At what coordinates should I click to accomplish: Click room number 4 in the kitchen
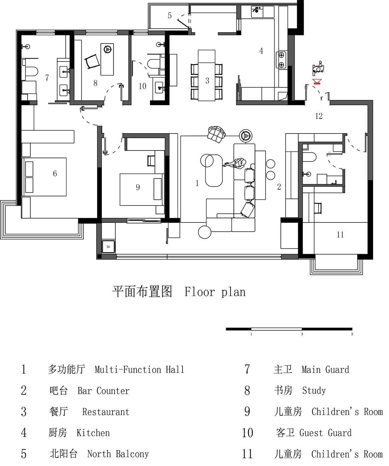261,51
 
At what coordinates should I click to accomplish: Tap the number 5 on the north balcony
170,16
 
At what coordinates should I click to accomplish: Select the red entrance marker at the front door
317,82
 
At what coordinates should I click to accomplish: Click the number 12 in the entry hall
319,116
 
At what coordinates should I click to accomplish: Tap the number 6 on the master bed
55,173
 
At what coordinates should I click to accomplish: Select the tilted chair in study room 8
93,61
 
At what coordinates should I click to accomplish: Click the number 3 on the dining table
207,81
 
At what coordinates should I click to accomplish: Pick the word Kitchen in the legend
93,433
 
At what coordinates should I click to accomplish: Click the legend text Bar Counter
103,391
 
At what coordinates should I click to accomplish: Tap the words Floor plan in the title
215,292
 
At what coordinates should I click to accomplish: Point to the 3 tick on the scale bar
302,334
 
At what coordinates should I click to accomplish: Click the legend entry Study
314,391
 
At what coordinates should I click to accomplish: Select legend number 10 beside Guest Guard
248,433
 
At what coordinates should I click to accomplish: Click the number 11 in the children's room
340,234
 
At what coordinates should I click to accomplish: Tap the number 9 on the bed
138,187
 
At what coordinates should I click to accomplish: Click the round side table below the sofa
204,232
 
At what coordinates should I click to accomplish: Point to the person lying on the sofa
235,163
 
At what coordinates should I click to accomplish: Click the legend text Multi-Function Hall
139,370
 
